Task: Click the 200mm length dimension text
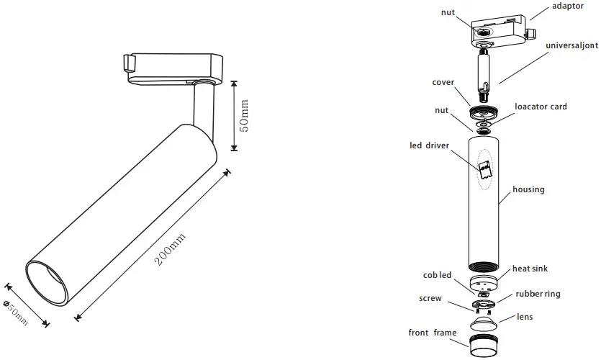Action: (171, 248)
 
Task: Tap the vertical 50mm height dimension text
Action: (244, 115)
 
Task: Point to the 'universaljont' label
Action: (571, 45)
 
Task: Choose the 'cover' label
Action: (443, 82)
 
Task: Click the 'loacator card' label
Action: (541, 107)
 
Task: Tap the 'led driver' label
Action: (429, 145)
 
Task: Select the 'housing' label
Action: (528, 189)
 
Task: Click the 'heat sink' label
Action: (530, 269)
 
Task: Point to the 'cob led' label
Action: (437, 275)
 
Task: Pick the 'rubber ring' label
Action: (537, 294)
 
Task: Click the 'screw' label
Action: (430, 298)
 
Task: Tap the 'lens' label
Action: (525, 317)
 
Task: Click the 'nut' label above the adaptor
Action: (448, 12)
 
